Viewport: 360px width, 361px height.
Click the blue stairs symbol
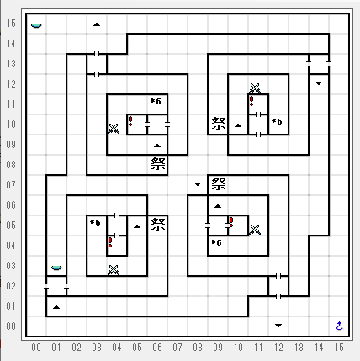point(339,326)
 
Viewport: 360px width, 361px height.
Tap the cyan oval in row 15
point(36,25)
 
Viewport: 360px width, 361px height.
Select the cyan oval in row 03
point(56,268)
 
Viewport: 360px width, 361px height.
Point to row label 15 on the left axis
point(11,24)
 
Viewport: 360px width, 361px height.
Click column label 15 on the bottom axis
point(339,348)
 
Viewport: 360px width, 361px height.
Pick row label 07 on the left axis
point(11,185)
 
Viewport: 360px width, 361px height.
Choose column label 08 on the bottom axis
point(198,348)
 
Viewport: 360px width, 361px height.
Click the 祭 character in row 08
point(158,164)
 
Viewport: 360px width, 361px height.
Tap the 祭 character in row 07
point(219,184)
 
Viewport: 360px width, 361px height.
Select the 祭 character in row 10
point(219,124)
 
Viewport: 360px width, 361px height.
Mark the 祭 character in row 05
point(158,225)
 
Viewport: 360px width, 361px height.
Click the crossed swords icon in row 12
point(255,88)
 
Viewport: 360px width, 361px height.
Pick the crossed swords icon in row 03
point(114,270)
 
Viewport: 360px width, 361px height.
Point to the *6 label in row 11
point(156,101)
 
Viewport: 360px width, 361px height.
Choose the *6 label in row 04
point(216,242)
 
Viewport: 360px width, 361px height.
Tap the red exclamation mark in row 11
point(251,101)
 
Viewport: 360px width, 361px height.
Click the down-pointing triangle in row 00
point(278,326)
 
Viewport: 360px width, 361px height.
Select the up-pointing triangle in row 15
point(97,24)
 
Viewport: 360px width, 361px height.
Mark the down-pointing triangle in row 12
point(319,83)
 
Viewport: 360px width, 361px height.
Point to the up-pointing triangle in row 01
point(56,307)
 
